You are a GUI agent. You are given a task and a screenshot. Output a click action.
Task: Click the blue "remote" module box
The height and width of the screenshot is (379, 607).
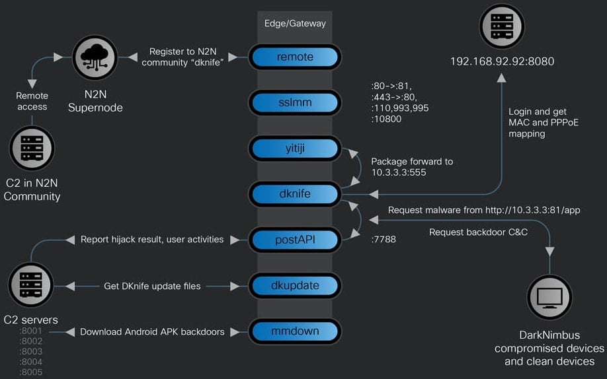click(x=295, y=57)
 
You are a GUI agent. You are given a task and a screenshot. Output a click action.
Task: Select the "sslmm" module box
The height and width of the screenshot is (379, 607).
click(x=295, y=103)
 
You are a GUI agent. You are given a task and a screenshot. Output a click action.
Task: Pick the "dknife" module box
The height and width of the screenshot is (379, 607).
click(x=295, y=194)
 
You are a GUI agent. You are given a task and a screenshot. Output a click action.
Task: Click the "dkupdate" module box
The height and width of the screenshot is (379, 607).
click(x=295, y=285)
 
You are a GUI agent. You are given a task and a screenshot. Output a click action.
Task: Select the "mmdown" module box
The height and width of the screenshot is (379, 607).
click(x=295, y=331)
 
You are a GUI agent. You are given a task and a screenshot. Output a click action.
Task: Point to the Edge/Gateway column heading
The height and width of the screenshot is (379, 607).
click(x=295, y=23)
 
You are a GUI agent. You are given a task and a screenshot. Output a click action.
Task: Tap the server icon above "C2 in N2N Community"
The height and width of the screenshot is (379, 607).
click(x=32, y=149)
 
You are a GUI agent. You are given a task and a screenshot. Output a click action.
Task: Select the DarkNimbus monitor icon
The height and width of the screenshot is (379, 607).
click(x=549, y=297)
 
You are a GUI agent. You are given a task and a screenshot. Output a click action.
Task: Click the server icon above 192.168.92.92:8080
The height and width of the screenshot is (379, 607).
click(x=502, y=26)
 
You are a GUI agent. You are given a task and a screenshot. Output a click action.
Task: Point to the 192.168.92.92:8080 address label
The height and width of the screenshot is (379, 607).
click(x=502, y=61)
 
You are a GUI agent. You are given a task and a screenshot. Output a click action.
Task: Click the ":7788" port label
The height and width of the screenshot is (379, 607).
click(x=383, y=240)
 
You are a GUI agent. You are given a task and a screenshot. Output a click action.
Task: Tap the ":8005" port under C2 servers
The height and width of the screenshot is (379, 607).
click(x=31, y=372)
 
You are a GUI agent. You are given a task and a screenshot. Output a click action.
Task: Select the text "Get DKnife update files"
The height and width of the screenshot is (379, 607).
click(x=152, y=286)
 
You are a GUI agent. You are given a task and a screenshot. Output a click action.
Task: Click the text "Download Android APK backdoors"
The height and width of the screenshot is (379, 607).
click(x=152, y=331)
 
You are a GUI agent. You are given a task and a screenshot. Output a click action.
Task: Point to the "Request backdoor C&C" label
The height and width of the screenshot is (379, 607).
click(x=478, y=232)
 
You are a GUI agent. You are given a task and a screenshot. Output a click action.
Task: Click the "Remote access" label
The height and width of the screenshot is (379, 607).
click(x=32, y=101)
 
